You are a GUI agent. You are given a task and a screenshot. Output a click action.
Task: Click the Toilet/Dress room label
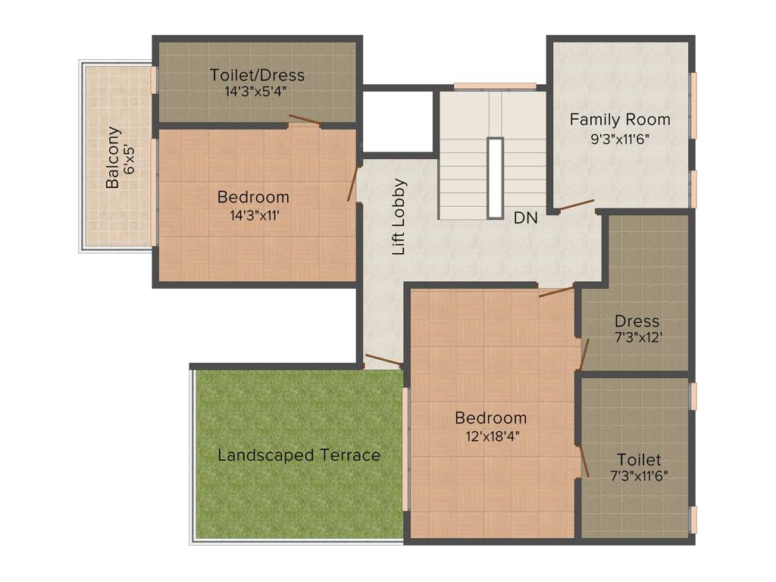coord(258,75)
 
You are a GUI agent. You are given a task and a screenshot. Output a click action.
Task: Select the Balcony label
coord(112,158)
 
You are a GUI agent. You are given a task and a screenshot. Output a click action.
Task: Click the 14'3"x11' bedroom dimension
coord(253,214)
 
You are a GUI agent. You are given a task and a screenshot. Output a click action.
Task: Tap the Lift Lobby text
coord(399,216)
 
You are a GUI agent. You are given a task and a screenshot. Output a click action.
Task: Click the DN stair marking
coord(525,218)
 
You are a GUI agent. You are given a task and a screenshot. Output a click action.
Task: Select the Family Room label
coord(620,120)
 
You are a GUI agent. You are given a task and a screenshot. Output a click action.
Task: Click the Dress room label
coord(637,321)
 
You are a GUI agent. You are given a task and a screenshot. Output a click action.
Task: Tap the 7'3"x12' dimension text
coord(637,337)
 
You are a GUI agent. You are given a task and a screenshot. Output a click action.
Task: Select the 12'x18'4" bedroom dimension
coord(490,436)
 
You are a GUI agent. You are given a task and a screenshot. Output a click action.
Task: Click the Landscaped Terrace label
coord(299,455)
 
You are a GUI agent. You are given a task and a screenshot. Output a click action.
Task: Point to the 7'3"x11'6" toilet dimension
coord(638,477)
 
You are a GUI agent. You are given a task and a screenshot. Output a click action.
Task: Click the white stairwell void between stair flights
coord(495,177)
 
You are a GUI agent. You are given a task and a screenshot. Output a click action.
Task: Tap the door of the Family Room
coord(576,205)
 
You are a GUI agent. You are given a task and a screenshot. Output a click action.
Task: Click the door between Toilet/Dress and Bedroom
coord(305,120)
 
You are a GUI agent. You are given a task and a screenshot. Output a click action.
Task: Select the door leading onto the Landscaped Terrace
coord(383,360)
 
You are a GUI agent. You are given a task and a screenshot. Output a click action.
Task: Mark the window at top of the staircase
coord(495,86)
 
